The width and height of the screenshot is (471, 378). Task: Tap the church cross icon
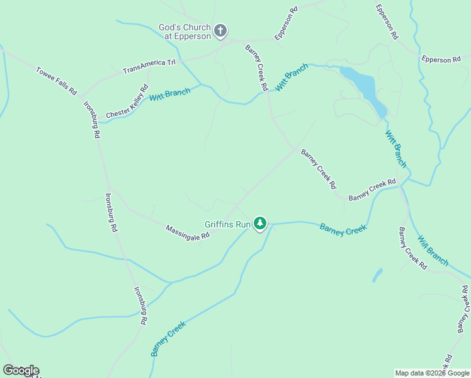[x=220, y=30]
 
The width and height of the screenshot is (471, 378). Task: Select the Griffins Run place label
[x=227, y=224]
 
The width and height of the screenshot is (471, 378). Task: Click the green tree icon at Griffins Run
[x=260, y=223]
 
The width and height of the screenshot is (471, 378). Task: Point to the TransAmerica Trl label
[x=149, y=66]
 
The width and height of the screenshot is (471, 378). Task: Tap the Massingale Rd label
[x=188, y=232]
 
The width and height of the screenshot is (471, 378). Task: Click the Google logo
[x=21, y=370]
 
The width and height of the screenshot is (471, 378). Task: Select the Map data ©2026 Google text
[x=433, y=373]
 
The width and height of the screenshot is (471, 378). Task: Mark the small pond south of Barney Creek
[x=377, y=275]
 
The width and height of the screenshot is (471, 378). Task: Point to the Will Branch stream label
[x=433, y=250]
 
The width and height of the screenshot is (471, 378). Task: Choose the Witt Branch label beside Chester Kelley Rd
[x=169, y=95]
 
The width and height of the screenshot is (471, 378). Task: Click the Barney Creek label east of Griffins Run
[x=343, y=229]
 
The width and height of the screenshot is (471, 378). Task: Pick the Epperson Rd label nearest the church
[x=285, y=23]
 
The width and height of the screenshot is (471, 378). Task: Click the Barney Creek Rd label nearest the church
[x=256, y=67]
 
